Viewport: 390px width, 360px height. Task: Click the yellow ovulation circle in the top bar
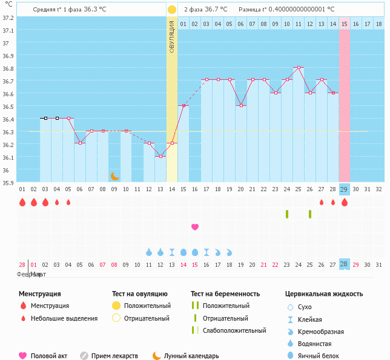[172, 10]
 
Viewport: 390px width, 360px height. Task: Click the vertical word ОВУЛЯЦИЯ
[172, 36]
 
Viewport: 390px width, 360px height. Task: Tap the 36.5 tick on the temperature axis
[8, 106]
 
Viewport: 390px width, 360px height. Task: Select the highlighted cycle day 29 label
[344, 189]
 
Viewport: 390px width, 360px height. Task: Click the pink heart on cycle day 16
[195, 227]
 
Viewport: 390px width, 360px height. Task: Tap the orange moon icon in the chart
[114, 176]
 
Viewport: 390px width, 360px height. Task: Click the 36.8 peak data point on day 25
[298, 68]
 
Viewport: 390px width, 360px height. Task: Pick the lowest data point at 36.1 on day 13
[160, 157]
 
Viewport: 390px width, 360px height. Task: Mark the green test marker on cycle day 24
[287, 214]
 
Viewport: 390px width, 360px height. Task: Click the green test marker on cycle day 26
[310, 214]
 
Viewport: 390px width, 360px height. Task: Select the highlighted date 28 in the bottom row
[344, 264]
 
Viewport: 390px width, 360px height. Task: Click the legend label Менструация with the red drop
[50, 306]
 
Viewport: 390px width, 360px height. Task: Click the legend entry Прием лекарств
[114, 356]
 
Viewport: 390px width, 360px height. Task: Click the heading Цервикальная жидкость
[324, 293]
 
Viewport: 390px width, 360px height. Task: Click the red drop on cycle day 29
[345, 203]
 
